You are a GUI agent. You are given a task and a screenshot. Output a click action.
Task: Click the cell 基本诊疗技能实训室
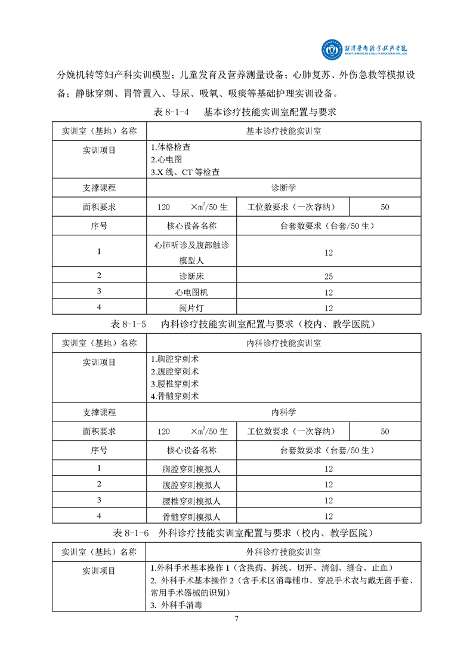(x=284, y=131)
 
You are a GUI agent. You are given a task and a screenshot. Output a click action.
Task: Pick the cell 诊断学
(x=284, y=188)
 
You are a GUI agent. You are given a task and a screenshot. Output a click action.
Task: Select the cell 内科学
(x=284, y=413)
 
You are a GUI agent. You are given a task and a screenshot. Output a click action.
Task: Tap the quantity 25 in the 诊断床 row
(x=329, y=276)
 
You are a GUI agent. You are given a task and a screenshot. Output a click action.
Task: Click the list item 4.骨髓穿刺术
(x=175, y=396)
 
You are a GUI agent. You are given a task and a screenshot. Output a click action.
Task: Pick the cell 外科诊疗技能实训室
(x=284, y=552)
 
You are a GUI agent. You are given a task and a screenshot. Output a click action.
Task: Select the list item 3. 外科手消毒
(x=177, y=605)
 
